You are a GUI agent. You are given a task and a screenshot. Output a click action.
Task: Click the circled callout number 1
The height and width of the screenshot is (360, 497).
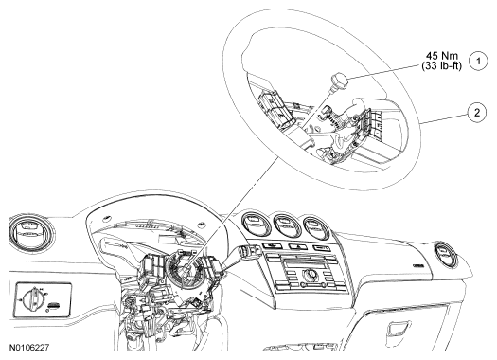tap(478, 62)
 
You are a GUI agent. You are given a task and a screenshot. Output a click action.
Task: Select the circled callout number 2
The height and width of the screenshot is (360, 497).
tap(476, 113)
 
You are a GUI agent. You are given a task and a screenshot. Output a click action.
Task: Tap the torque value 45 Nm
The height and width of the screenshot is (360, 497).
tap(442, 56)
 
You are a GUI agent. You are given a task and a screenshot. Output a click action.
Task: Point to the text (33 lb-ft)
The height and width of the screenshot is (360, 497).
tap(441, 66)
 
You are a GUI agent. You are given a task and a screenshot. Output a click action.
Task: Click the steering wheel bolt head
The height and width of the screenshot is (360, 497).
tap(340, 80)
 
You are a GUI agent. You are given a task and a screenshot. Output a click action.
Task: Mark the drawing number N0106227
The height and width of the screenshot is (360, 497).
tap(29, 348)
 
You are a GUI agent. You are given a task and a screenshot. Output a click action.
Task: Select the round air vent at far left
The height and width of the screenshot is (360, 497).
tap(30, 234)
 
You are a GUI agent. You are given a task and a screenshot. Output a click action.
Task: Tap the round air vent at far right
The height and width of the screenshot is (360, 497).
tap(445, 255)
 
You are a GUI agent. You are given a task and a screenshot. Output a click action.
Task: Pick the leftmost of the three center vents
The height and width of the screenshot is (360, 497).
tap(256, 224)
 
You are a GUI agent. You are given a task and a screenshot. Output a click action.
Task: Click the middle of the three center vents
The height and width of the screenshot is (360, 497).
tap(287, 225)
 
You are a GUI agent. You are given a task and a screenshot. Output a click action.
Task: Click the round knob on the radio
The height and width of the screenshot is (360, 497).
tap(309, 274)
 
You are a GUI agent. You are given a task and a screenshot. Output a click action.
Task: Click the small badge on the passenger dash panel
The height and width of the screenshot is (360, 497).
tap(418, 266)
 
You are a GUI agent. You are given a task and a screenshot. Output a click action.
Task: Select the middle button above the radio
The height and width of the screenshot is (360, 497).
tap(297, 246)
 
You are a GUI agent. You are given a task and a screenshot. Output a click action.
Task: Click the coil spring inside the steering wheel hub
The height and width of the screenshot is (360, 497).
tap(335, 119)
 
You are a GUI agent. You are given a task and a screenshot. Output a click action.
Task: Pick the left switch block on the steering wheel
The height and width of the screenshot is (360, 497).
tap(276, 109)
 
